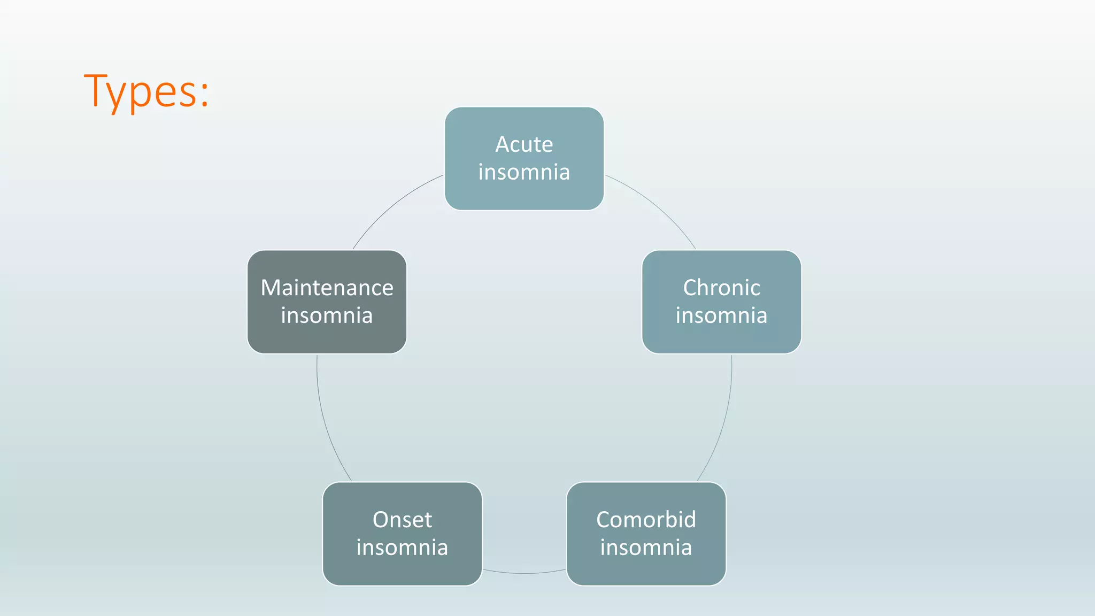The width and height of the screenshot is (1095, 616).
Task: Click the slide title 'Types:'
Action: tap(146, 91)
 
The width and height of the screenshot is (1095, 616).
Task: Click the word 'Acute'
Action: tap(524, 144)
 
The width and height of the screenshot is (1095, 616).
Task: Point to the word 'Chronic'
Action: tap(721, 288)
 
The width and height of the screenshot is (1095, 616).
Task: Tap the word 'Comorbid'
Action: tap(646, 520)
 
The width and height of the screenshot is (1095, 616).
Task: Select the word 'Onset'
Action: tap(402, 520)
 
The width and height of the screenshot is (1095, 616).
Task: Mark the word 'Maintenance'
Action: tap(327, 288)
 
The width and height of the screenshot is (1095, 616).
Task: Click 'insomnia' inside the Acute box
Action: tap(524, 172)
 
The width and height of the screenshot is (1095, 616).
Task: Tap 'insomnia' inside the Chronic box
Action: tap(721, 315)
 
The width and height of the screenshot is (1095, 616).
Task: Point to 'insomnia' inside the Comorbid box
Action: tap(646, 548)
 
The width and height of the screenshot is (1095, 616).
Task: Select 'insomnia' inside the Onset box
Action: tap(402, 548)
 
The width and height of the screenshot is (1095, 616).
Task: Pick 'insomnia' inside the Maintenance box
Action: tap(327, 315)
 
